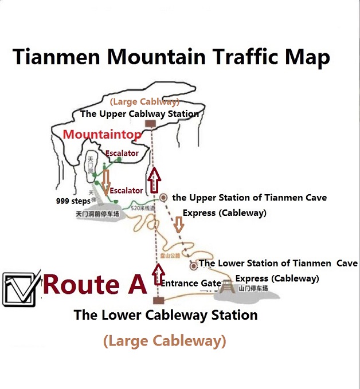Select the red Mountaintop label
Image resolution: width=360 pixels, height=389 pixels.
[x=101, y=135]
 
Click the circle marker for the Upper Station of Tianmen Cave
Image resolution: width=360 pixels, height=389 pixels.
[x=163, y=197]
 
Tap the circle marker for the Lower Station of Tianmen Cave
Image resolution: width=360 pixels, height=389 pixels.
[x=194, y=265]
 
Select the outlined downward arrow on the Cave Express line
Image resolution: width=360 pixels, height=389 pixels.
[x=179, y=225]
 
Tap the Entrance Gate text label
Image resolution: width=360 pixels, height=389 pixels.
[x=191, y=283]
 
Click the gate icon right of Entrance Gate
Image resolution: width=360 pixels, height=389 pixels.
[x=228, y=286]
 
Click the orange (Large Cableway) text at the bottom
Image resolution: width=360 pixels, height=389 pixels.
[x=164, y=341]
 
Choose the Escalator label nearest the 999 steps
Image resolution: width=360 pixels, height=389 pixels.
[x=126, y=190]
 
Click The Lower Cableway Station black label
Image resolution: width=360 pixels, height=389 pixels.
[x=165, y=315]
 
